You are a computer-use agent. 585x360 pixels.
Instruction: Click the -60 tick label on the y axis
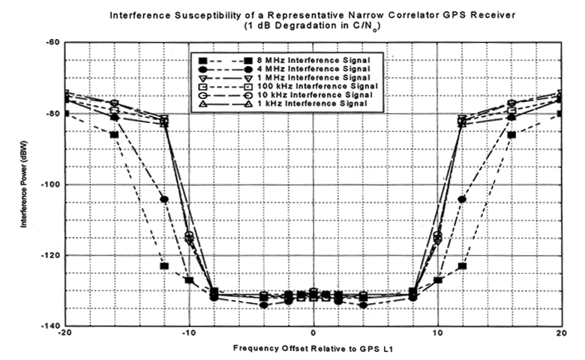coord(52,43)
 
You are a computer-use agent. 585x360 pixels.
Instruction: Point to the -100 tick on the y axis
coord(49,184)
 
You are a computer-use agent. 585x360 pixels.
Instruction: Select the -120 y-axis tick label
coord(49,256)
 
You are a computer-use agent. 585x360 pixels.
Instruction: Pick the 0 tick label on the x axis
coord(313,333)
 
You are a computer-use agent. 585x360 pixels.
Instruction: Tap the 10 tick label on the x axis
coord(438,333)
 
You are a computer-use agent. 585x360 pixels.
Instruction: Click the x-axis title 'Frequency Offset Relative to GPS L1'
coord(313,349)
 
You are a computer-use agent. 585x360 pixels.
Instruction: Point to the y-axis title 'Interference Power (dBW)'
coord(25,184)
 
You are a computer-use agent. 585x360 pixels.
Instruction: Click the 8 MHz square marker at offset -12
coord(164,266)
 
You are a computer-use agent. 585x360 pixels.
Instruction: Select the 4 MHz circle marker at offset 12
coord(462,199)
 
